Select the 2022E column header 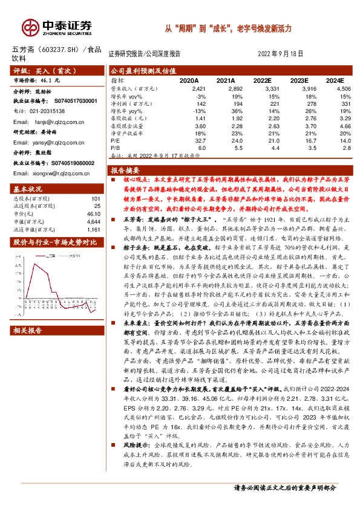coord(262,80)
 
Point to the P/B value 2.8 coord(345,147)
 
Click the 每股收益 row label coord(126,120)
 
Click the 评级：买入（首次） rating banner coord(39,70)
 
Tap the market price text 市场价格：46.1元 coord(37,79)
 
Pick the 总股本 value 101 coord(94,199)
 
